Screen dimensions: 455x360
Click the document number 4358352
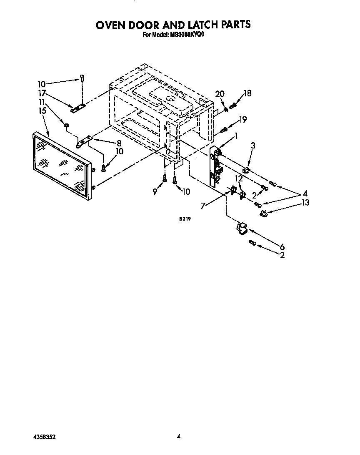pyautogui.click(x=44, y=437)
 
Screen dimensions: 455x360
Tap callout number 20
pyautogui.click(x=220, y=94)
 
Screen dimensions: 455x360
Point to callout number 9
pyautogui.click(x=155, y=192)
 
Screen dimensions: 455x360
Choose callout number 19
pyautogui.click(x=242, y=120)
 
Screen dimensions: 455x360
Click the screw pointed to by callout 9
pyautogui.click(x=165, y=179)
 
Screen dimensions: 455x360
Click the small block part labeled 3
pyautogui.click(x=246, y=170)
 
